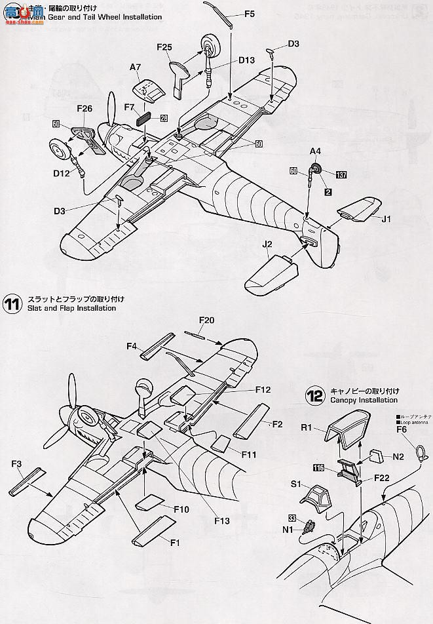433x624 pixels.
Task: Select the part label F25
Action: tap(164, 47)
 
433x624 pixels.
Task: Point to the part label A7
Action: tap(136, 67)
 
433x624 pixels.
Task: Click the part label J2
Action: tap(267, 245)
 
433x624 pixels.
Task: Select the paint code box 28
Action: tap(163, 119)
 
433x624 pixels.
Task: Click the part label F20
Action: tap(207, 321)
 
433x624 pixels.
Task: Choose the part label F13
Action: tap(221, 521)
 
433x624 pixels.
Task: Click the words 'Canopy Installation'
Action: tap(364, 400)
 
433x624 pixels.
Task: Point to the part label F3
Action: tap(17, 464)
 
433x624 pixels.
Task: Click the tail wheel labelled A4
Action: tap(316, 168)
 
